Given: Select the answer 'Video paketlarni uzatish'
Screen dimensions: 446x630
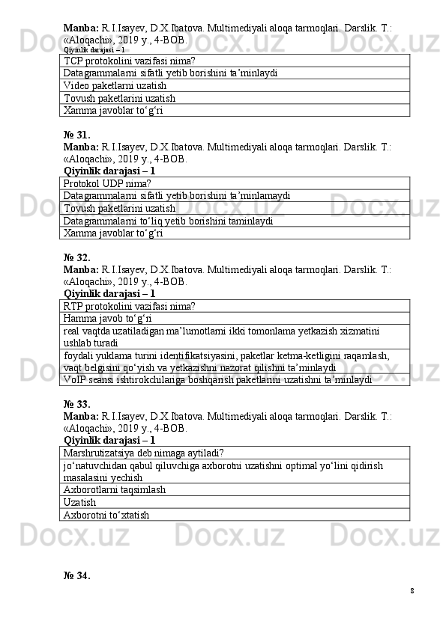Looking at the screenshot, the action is click(x=115, y=85).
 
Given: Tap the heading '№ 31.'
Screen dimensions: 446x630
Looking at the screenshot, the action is click(x=77, y=135).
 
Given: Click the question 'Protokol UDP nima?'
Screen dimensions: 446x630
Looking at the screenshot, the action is click(x=108, y=183).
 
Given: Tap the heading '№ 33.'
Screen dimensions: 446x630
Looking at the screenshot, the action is click(x=77, y=404).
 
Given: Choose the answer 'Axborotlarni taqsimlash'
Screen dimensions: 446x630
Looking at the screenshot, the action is click(x=115, y=489).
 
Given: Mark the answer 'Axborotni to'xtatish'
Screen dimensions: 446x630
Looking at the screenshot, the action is click(x=106, y=515).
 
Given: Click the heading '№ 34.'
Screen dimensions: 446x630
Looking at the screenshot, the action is click(x=77, y=575).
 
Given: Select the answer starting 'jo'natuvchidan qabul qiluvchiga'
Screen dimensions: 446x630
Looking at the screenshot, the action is click(x=223, y=471).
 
